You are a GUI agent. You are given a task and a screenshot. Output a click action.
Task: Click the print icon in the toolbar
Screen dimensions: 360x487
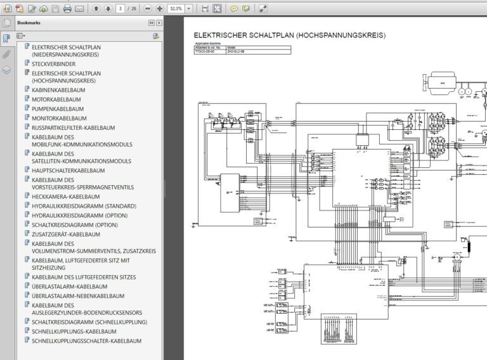(x=67, y=9)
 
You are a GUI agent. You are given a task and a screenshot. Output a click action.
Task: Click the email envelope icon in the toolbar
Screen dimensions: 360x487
(x=79, y=9)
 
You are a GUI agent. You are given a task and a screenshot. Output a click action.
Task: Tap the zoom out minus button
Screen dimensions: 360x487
(x=146, y=9)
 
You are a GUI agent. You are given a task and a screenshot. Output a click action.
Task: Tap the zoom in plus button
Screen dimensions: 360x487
(x=159, y=9)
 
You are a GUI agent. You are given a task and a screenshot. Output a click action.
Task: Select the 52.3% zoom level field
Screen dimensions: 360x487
(x=177, y=9)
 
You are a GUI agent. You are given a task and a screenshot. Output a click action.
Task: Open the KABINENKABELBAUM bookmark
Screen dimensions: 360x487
(x=58, y=90)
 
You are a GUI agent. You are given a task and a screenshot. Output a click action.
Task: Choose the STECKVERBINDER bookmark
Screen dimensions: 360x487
(x=53, y=64)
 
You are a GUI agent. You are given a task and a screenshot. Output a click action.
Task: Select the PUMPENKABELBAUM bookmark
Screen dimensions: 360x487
(x=58, y=109)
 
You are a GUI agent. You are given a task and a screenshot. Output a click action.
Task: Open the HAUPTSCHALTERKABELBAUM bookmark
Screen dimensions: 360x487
(x=68, y=170)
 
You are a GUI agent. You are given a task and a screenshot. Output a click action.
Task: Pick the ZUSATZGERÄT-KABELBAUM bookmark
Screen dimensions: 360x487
(x=65, y=234)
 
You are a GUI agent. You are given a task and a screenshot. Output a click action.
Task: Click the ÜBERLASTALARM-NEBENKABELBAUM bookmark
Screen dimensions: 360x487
(x=77, y=295)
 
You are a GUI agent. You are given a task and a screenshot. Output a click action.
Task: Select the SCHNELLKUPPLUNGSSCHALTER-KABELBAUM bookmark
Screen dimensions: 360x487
(x=86, y=340)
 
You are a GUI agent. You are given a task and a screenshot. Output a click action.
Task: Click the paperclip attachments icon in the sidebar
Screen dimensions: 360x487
(x=6, y=54)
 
